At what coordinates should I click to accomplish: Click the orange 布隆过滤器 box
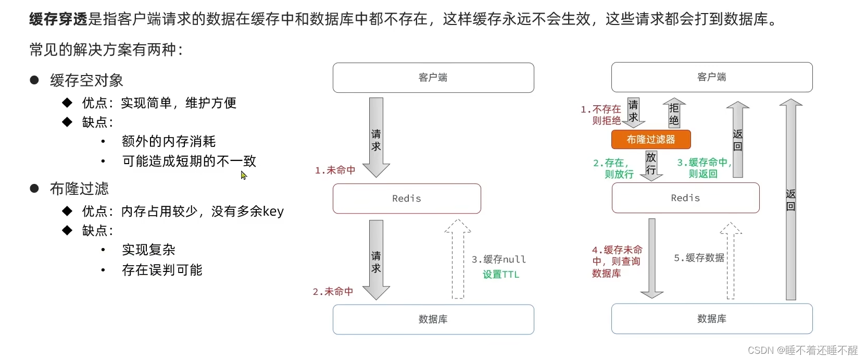click(x=651, y=140)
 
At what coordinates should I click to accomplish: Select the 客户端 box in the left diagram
click(x=433, y=78)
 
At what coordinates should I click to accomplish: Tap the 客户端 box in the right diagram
click(x=712, y=77)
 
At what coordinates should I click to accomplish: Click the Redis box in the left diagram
click(x=407, y=198)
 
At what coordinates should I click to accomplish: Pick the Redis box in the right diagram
click(x=685, y=198)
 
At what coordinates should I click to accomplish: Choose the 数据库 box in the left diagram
click(x=433, y=319)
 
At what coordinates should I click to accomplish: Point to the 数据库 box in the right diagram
click(x=712, y=319)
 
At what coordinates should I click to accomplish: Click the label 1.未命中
click(x=335, y=170)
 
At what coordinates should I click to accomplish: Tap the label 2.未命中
click(x=333, y=292)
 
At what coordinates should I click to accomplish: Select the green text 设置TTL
click(x=501, y=275)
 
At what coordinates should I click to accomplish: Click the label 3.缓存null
click(x=498, y=259)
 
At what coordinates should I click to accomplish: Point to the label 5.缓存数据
click(x=699, y=258)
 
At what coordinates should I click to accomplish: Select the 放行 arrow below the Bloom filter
click(x=651, y=165)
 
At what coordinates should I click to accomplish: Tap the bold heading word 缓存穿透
click(x=58, y=19)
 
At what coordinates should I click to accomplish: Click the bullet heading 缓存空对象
click(x=86, y=80)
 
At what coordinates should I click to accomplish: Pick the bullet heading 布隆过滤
click(x=79, y=189)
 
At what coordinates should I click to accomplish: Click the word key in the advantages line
click(x=273, y=212)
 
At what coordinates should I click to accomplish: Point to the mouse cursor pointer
click(x=243, y=175)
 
